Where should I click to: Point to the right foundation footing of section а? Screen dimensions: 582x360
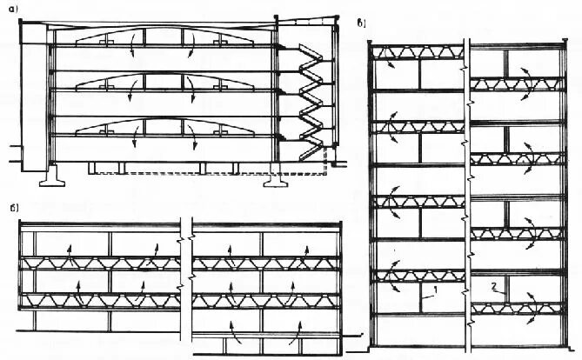pyautogui.click(x=278, y=182)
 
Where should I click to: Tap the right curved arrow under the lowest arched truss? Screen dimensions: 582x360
pyautogui.click(x=189, y=142)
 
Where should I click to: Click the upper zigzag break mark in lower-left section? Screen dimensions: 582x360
pyautogui.click(x=184, y=233)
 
